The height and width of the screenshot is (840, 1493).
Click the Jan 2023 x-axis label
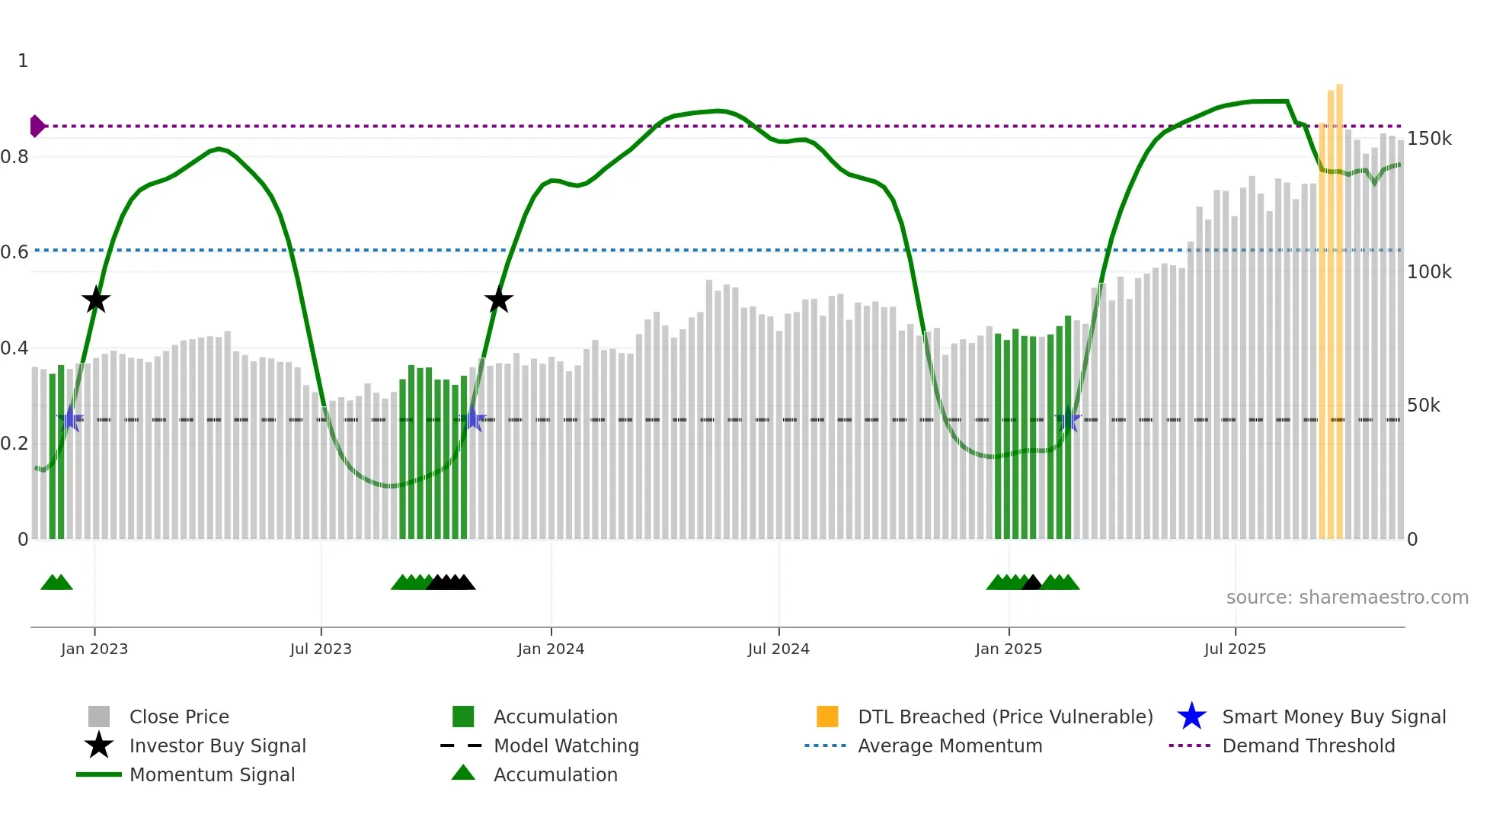94,649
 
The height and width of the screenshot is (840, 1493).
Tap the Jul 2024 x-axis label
778,649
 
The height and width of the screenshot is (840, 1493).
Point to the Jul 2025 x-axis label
1235,649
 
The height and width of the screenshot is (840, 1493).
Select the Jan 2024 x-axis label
551,649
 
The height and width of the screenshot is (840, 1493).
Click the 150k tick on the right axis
1429,139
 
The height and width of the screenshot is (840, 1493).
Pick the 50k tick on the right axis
1423,406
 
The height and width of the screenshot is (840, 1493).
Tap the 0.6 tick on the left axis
14,252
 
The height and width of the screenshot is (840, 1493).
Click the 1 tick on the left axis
23,61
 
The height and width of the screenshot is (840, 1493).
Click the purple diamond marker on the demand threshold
37,126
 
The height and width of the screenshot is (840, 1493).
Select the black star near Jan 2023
96,300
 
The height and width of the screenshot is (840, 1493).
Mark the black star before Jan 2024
499,300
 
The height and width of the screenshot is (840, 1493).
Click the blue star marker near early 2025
1068,419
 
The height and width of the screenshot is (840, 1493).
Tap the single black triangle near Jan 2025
1031,583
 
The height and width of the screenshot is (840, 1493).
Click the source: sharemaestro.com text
1347,598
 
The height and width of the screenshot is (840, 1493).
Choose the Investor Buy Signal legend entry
217,745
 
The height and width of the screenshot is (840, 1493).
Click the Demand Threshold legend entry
1308,745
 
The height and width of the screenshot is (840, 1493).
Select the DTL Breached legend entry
1005,717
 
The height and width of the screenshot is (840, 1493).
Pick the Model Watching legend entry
566,745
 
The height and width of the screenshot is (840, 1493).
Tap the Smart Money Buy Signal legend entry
1333,717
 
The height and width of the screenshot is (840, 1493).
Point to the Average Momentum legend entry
949,745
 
